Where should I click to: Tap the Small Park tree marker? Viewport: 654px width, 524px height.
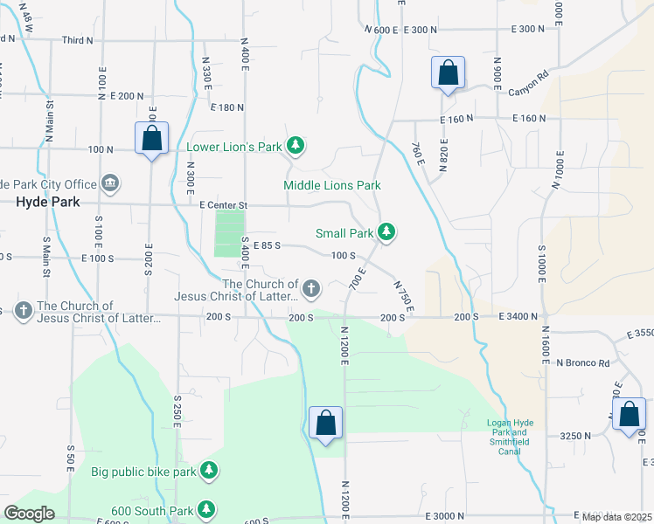tap(386, 232)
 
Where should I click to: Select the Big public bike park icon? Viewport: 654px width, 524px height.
tap(208, 472)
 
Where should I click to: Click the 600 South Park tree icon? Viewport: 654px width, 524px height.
tap(206, 509)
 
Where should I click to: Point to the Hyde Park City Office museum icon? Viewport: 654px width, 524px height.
tap(110, 183)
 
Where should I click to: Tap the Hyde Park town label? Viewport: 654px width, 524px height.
tap(48, 202)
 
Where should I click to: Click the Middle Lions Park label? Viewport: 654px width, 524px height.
tap(332, 185)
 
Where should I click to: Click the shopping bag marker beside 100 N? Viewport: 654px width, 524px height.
tap(151, 139)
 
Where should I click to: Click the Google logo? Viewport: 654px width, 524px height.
tap(29, 514)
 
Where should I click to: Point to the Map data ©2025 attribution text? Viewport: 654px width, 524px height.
tap(616, 517)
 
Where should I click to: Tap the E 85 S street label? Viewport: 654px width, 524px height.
tap(267, 245)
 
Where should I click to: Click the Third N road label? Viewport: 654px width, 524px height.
tap(77, 40)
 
